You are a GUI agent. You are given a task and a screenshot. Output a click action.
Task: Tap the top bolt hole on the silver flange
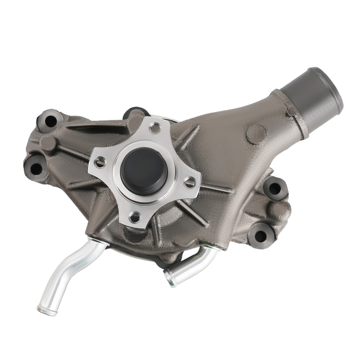pyautogui.click(x=156, y=127)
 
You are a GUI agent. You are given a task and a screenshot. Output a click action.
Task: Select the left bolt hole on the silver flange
pyautogui.click(x=100, y=162)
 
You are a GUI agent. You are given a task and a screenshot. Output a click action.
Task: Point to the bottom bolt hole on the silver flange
pyautogui.click(x=134, y=217)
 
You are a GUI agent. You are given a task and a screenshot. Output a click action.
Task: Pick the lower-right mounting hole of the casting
pyautogui.click(x=260, y=236)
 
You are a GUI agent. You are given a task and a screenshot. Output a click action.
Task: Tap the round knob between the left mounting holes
pyautogui.click(x=47, y=143)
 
